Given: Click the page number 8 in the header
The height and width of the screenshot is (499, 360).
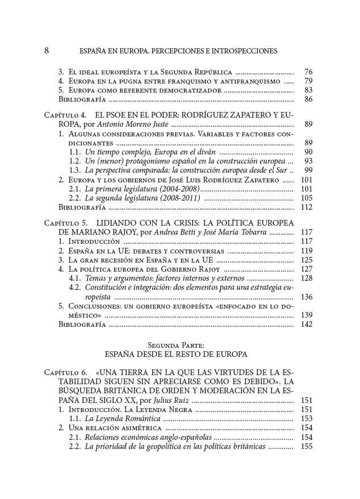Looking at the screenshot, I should coord(47,51).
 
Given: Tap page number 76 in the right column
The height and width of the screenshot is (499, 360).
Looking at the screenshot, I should coord(308,72).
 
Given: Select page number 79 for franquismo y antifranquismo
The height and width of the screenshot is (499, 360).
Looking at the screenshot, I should coord(308,81).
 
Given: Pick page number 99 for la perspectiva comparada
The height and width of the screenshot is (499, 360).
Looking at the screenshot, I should coord(308,170).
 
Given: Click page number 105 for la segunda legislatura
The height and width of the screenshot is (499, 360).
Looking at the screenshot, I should coord(307,198).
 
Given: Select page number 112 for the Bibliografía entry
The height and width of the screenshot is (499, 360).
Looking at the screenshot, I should coord(307,207).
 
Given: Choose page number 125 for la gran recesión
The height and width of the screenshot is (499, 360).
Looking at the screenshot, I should coord(307,260).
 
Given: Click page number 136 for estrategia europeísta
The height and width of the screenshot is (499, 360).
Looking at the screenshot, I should coord(307,297).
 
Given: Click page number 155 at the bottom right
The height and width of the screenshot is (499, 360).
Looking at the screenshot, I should coord(307,447).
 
